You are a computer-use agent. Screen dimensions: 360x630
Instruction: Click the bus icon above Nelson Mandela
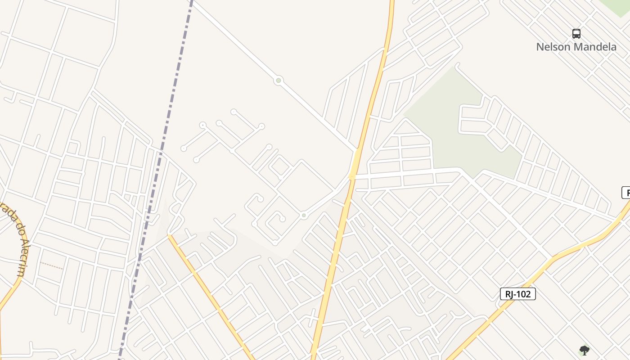(576, 34)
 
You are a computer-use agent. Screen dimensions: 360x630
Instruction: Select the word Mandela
(598, 47)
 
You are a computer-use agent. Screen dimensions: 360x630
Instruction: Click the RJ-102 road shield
(518, 294)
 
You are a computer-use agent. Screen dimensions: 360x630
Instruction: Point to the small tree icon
(584, 351)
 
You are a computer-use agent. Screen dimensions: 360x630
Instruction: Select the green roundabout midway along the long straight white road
(279, 81)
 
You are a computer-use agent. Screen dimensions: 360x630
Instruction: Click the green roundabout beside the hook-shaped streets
(304, 216)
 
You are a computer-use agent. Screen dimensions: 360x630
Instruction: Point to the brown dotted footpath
(51, 265)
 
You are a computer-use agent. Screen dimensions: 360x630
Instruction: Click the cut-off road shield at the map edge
(626, 193)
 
